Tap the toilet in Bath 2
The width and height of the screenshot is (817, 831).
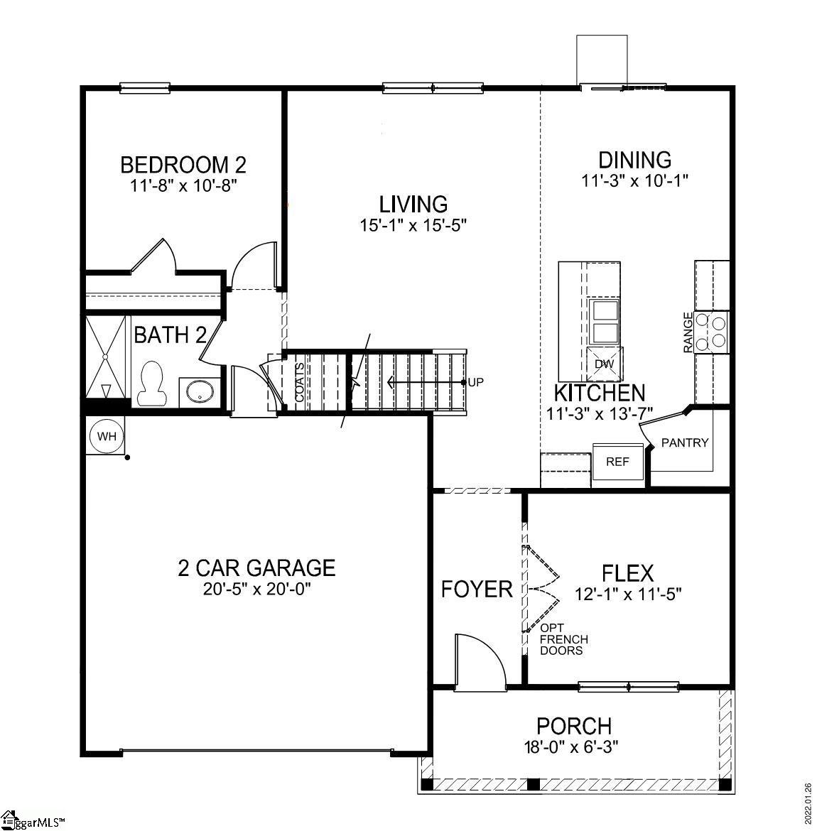click(x=150, y=384)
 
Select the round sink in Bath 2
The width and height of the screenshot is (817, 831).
click(x=200, y=391)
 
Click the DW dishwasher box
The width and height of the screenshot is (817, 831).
click(x=604, y=364)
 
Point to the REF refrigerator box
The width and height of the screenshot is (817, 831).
click(x=617, y=462)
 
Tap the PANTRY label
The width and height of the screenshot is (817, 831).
click(x=685, y=443)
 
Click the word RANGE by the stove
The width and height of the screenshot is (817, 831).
click(x=688, y=332)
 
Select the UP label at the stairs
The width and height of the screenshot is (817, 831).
click(x=475, y=382)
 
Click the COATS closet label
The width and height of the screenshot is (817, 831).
click(x=299, y=383)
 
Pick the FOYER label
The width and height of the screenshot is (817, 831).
click(x=477, y=589)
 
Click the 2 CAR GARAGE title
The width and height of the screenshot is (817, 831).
click(x=256, y=567)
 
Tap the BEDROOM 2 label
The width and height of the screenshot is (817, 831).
click(x=183, y=165)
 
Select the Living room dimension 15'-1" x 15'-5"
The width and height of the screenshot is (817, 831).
click(x=413, y=225)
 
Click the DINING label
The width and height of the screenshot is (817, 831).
click(x=634, y=160)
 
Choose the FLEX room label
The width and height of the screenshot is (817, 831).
click(x=627, y=572)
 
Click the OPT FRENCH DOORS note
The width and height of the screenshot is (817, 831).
click(x=563, y=639)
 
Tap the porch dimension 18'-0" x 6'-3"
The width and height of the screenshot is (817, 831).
click(x=573, y=747)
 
